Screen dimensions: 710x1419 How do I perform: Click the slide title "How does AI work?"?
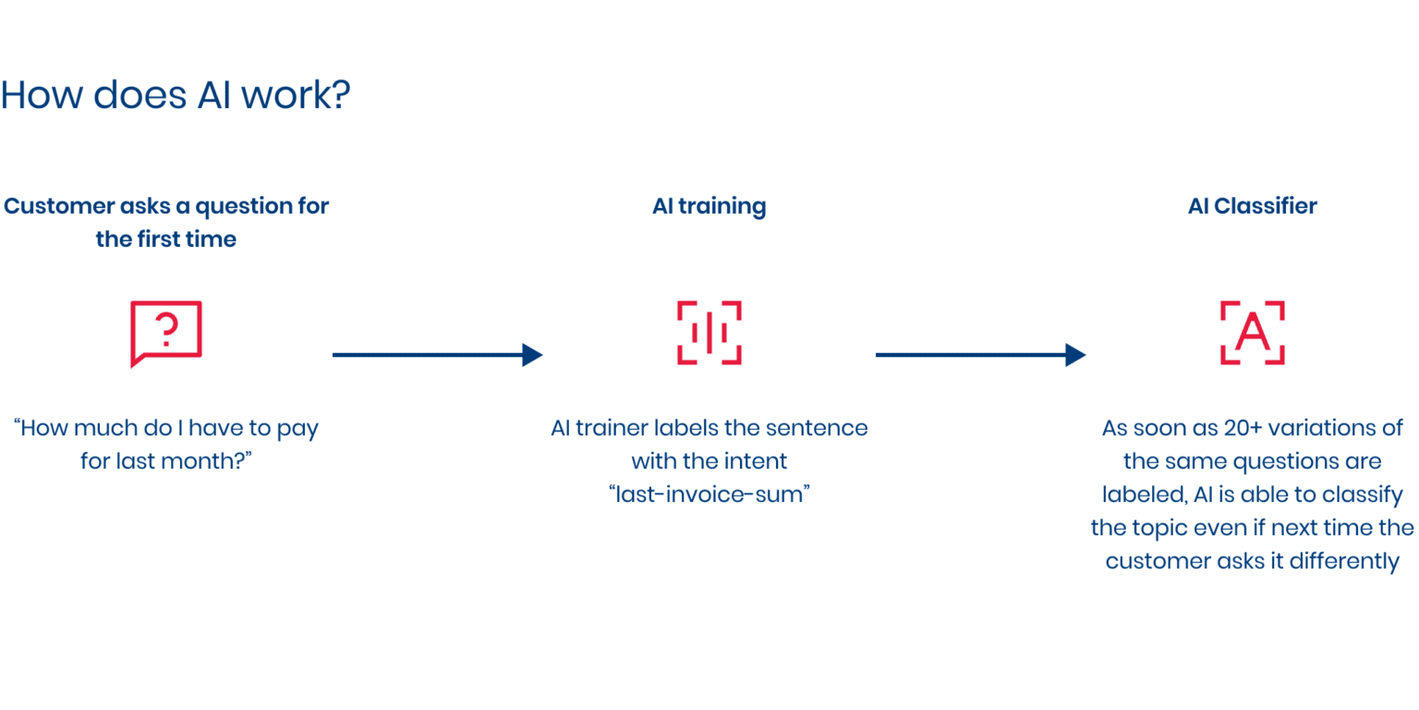[x=176, y=95]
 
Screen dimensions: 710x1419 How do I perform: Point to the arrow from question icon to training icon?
[x=436, y=354]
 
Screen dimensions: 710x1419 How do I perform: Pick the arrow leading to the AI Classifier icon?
[x=979, y=354]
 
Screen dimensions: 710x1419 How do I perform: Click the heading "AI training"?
[x=709, y=206]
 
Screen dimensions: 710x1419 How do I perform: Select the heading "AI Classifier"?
[x=1252, y=206]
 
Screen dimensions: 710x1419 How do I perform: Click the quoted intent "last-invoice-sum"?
[x=709, y=494]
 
